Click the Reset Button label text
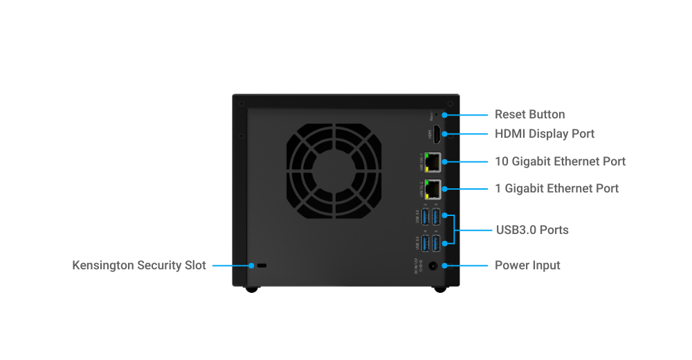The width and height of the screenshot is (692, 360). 529,114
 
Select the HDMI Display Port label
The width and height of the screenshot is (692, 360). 545,134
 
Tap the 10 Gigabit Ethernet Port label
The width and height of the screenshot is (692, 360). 560,161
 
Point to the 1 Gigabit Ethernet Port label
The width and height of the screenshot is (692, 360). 556,188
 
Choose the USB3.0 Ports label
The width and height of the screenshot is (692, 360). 532,230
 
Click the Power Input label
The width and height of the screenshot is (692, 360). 527,265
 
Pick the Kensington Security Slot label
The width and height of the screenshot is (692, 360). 139,265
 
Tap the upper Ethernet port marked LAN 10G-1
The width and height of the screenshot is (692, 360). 434,161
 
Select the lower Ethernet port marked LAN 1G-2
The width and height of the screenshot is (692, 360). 434,188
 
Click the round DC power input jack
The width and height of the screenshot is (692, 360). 434,265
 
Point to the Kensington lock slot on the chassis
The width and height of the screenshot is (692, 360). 262,265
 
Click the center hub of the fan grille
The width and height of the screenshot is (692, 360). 333,171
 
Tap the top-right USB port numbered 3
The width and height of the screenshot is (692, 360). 435,217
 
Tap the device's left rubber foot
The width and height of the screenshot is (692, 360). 252,289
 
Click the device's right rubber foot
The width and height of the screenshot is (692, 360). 439,289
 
